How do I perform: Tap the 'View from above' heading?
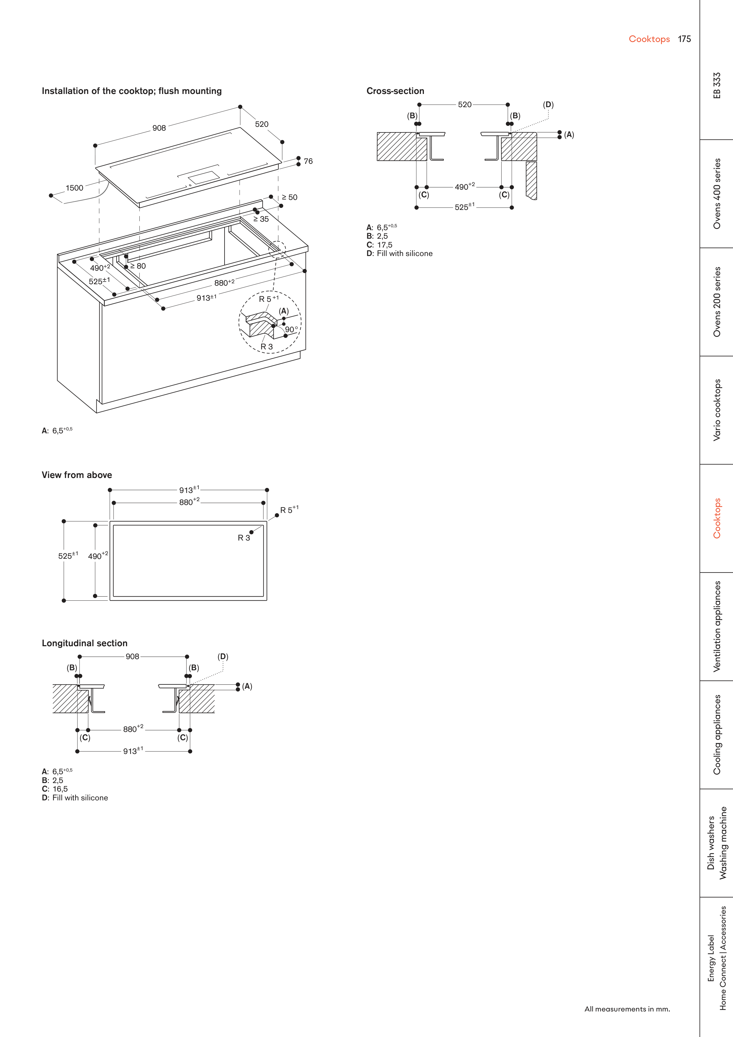click(77, 475)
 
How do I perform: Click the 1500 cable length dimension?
click(75, 188)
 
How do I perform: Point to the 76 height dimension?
click(308, 161)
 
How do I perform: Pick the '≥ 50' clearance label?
click(289, 197)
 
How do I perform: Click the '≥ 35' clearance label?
click(261, 219)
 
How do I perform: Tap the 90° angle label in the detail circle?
click(291, 329)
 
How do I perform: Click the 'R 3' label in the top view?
click(244, 538)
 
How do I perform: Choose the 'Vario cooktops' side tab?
click(717, 410)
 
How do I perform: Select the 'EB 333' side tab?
click(717, 85)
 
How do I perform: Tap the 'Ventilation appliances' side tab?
click(717, 627)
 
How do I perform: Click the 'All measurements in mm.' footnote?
click(627, 1009)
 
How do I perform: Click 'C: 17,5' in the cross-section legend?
click(379, 245)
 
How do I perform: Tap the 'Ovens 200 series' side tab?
click(717, 302)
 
